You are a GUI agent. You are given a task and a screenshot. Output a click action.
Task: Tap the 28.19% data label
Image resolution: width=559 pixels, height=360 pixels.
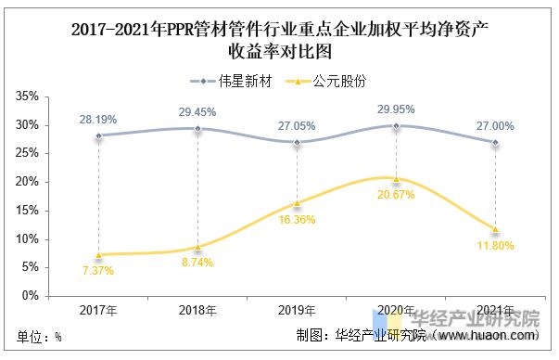pos(98,119)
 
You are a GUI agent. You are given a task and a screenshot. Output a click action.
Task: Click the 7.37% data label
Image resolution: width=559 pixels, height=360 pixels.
pos(98,269)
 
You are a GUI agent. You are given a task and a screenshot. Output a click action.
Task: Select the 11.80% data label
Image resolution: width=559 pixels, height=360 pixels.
pos(496,246)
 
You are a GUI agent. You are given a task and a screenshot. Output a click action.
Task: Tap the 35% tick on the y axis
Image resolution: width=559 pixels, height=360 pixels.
pos(26,96)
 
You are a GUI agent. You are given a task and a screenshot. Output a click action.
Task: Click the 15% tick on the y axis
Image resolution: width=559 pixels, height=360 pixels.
pos(26,211)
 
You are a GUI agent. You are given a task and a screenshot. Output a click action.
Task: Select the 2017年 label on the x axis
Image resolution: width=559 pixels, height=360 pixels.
pos(98,310)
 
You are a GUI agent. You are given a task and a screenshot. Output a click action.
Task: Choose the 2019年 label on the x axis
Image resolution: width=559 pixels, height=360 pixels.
pos(297,310)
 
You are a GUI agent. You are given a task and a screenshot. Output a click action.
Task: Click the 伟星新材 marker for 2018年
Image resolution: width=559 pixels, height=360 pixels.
pos(197,129)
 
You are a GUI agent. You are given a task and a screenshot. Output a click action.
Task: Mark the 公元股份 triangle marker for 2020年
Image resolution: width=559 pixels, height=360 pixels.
pos(397,179)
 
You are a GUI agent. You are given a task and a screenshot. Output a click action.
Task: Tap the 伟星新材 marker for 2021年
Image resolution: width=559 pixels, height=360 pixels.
pos(496,143)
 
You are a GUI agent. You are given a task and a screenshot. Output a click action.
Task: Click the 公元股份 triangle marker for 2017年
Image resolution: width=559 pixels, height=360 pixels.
pos(98,254)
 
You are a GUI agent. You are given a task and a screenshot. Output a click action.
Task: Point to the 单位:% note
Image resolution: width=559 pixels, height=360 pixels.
pos(39,336)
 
